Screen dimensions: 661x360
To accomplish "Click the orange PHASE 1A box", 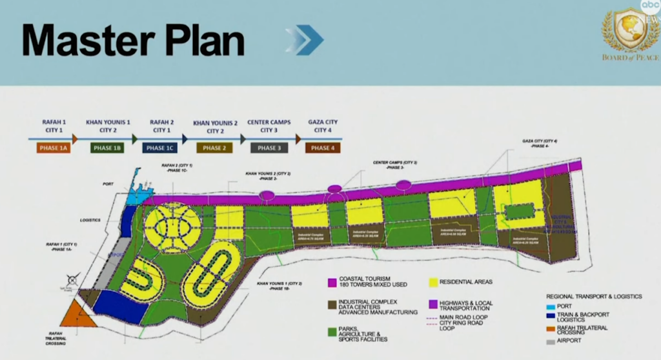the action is click(51, 148).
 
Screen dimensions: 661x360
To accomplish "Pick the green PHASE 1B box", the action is click(107, 148).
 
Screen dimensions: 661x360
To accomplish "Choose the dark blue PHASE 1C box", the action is click(160, 148).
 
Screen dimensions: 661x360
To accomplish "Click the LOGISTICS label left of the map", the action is click(90, 221).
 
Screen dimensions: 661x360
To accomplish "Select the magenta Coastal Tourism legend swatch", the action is click(332, 281).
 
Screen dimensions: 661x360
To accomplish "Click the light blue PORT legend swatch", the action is click(549, 307).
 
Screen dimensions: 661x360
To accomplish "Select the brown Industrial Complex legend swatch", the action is click(332, 303).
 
